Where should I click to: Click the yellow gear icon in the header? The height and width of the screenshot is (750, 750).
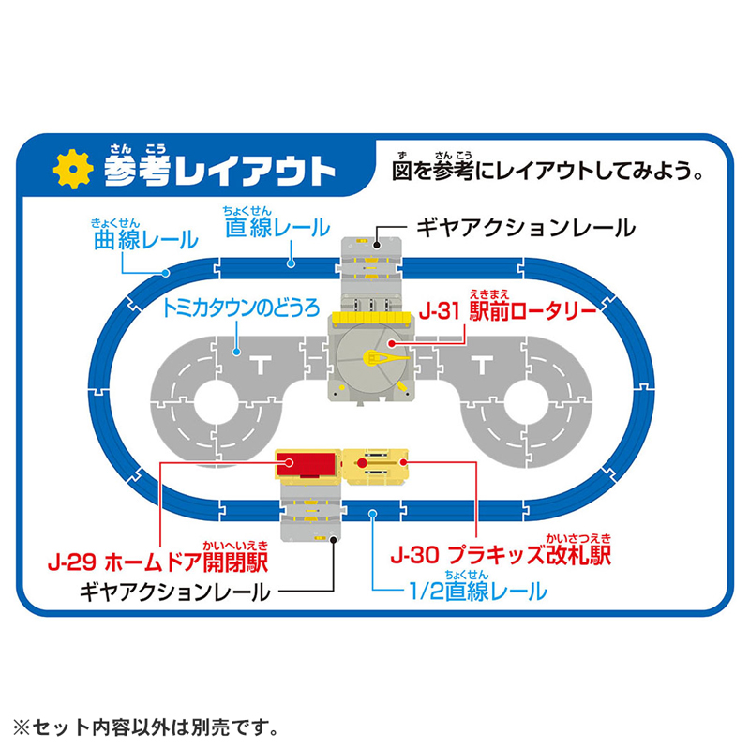(x=73, y=169)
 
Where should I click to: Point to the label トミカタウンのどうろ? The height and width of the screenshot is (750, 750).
(x=241, y=308)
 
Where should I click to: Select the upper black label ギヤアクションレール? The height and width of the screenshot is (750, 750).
(x=526, y=228)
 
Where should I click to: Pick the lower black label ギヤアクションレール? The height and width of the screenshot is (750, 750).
(x=175, y=592)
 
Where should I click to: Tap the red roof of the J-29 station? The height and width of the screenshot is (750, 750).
(x=307, y=463)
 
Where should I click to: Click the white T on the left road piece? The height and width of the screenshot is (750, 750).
(x=262, y=365)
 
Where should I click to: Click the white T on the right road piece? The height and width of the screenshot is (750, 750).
(x=482, y=365)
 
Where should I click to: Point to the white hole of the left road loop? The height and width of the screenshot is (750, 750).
(x=216, y=402)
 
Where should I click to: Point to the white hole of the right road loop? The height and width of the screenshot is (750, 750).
(x=526, y=402)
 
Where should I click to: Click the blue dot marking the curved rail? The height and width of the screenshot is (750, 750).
(x=166, y=273)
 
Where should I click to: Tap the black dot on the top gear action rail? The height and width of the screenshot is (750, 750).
(x=377, y=245)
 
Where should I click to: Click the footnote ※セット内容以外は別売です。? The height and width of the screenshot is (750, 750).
(x=145, y=727)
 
